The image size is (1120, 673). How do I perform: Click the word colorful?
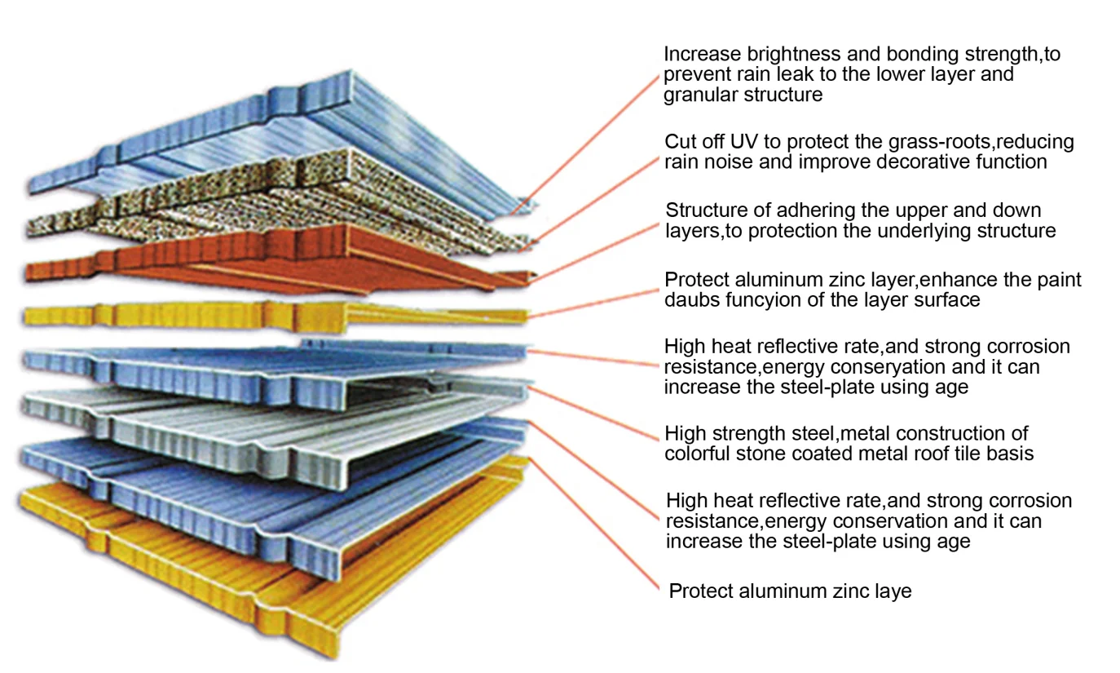699,453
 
